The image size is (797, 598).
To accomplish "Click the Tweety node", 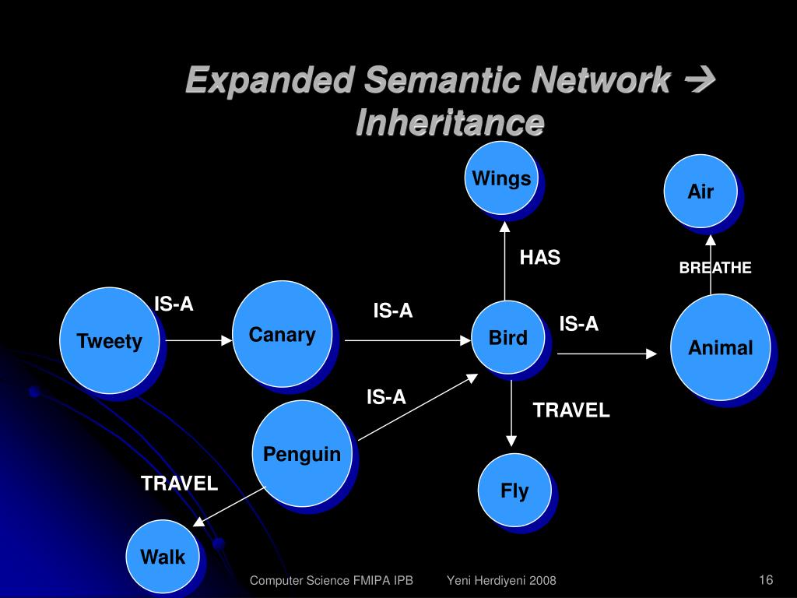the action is [110, 340].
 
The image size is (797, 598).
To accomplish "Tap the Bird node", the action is [507, 338].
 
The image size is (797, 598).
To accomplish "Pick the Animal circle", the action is [720, 347].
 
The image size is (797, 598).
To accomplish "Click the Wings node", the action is [501, 178].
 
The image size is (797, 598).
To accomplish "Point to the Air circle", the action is [700, 192].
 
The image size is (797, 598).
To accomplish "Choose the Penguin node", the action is [301, 453].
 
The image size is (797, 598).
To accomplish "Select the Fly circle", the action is [514, 491].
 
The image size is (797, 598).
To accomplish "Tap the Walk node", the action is [163, 557].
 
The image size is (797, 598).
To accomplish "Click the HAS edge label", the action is [540, 258].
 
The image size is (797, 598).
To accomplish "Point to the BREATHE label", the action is [715, 268].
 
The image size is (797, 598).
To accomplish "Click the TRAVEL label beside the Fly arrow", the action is [571, 410].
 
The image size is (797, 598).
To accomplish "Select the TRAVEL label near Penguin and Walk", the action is [179, 484].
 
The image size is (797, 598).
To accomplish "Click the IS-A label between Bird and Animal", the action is [579, 324].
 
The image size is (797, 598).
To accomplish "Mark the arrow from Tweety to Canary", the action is [198, 340].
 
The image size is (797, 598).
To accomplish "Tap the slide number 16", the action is [765, 579].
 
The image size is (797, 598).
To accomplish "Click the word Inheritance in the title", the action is [450, 122].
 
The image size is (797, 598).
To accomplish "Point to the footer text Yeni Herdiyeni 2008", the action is [501, 580].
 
